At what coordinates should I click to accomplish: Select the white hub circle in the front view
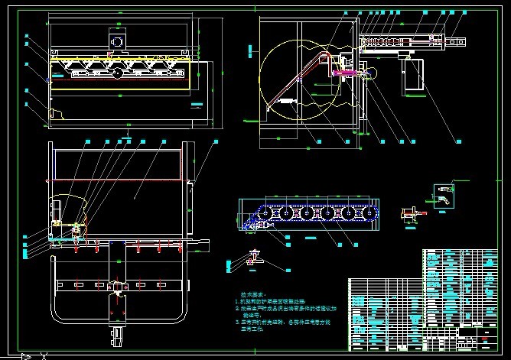116,74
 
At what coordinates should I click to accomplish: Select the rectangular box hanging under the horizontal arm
415,76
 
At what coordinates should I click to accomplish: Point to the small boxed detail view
442,194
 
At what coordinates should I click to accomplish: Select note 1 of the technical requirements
275,301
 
